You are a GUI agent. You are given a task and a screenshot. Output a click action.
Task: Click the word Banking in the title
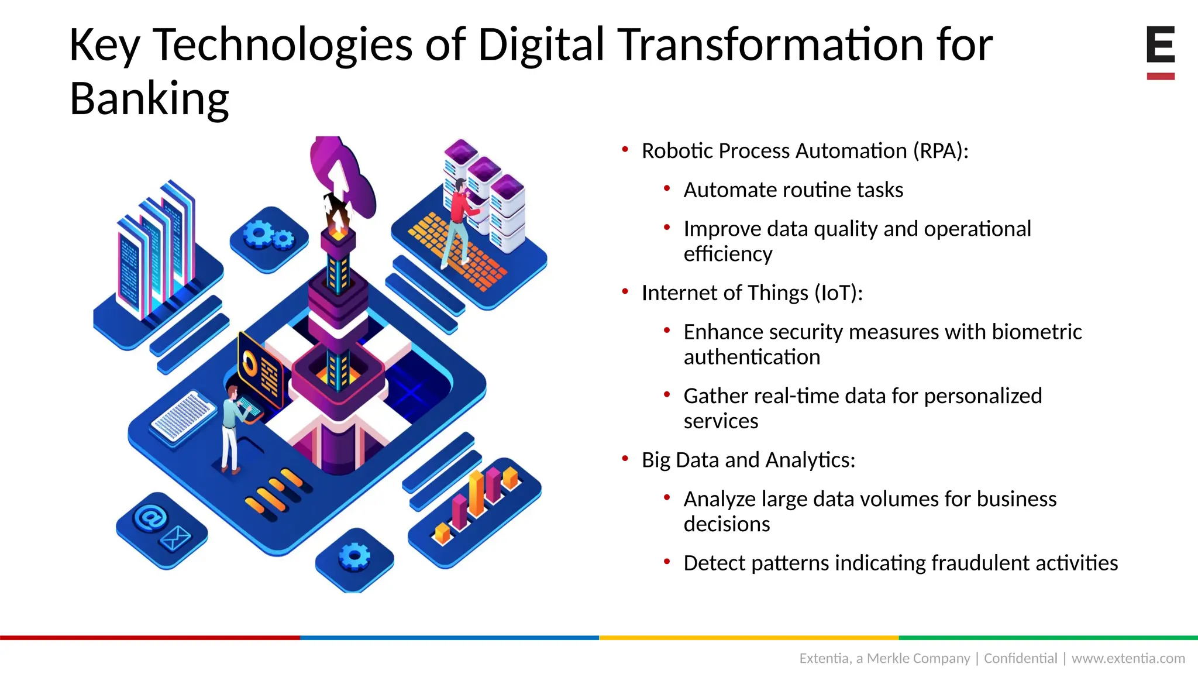point(149,99)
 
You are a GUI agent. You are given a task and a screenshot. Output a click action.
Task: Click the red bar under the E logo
point(1161,76)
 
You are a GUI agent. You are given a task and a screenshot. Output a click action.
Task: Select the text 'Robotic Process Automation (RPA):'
point(805,151)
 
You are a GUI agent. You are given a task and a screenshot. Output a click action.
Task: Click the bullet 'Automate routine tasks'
point(793,190)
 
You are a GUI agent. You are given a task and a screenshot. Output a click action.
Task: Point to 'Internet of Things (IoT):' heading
point(752,293)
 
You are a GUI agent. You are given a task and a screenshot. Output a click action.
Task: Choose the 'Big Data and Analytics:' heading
point(748,460)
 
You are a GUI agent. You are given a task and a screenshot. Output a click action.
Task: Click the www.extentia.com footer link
point(1128,658)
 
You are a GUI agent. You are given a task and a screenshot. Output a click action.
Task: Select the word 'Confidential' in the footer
point(1020,658)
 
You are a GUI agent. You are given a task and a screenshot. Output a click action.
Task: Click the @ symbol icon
point(150,518)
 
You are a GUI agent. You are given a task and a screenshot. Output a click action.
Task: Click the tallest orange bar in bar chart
point(477,494)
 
